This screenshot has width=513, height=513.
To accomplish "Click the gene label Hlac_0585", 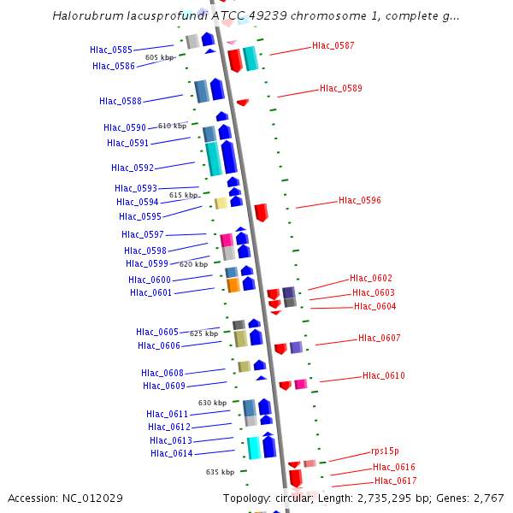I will (x=111, y=50).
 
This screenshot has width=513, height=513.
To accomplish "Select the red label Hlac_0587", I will (x=333, y=45).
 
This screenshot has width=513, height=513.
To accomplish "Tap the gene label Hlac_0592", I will (x=133, y=168).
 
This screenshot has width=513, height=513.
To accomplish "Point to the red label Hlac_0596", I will (x=360, y=200).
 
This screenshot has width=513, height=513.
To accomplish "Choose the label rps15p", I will (x=385, y=451).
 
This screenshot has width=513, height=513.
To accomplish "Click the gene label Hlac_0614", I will (x=172, y=453).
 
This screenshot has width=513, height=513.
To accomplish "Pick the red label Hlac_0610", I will (x=384, y=375).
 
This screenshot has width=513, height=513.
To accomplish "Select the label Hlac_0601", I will (x=151, y=292).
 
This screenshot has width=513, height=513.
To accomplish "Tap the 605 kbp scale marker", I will (x=159, y=57).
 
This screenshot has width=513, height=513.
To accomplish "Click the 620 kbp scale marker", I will (x=193, y=264).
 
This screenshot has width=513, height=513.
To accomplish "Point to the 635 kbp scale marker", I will (x=220, y=472).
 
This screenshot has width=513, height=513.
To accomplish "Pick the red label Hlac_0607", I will (x=380, y=338).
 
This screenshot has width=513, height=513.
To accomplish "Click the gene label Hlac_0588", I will (x=121, y=101).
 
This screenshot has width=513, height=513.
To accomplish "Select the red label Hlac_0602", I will (x=371, y=278).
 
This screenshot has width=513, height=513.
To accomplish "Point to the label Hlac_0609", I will (x=164, y=386).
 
